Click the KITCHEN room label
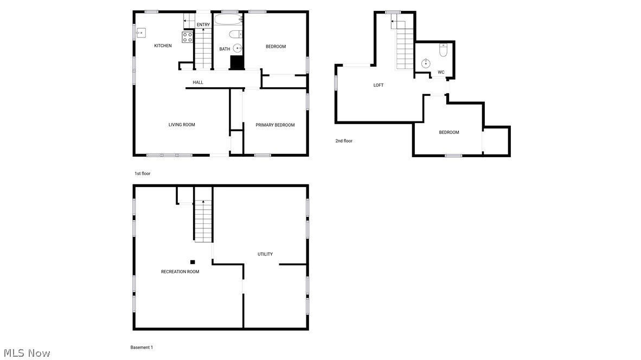click(163, 46)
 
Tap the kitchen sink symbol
click(141, 33)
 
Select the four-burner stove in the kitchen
click(187, 37)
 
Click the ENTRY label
click(203, 25)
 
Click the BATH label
click(225, 49)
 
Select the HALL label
click(198, 82)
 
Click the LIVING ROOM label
click(182, 125)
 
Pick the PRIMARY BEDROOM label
click(275, 125)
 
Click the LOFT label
click(379, 85)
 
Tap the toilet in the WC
click(443, 51)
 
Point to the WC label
click(441, 72)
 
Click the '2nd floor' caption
click(344, 141)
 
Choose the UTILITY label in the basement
click(265, 254)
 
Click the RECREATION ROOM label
click(180, 272)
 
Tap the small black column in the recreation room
click(193, 262)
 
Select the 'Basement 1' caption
click(142, 348)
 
